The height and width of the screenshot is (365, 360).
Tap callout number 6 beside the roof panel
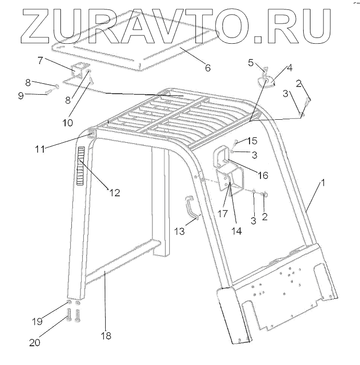(207, 68)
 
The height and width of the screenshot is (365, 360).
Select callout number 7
(40, 60)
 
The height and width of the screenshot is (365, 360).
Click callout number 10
(68, 123)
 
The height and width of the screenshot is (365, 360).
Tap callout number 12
(115, 193)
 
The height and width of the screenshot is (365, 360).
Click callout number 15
(252, 141)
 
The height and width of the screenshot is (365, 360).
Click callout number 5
(251, 63)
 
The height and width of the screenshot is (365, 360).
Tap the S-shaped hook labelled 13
(193, 208)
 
